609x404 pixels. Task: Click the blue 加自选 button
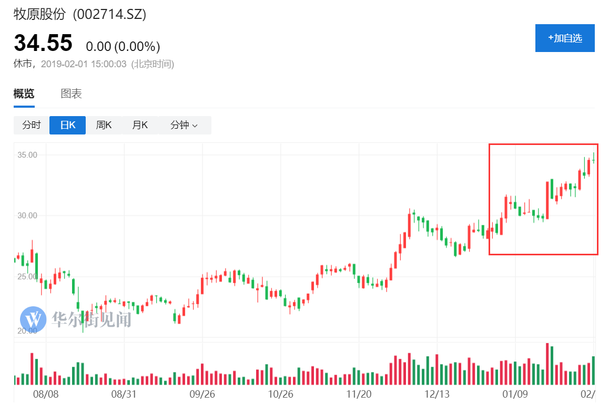[x=565, y=38]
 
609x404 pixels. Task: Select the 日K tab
[x=67, y=125]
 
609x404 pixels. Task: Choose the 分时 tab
[x=32, y=125]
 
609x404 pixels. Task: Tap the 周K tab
[x=104, y=125]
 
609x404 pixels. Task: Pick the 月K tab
[x=140, y=125]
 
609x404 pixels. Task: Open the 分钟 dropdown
[x=184, y=125]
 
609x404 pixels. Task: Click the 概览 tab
[x=24, y=94]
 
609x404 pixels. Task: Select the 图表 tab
[x=72, y=94]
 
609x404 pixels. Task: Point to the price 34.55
[x=43, y=43]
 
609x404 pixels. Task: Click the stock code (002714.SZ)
[x=109, y=15]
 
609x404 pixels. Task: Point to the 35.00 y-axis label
[x=27, y=155]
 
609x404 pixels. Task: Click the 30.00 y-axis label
[x=27, y=215]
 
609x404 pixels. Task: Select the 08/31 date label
[x=124, y=393]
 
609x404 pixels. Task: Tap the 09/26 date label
[x=202, y=393]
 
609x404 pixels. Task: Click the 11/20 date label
[x=360, y=393]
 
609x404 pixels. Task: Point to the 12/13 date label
[x=438, y=393]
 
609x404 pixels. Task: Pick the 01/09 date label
[x=515, y=393]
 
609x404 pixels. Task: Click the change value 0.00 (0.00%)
[x=123, y=47]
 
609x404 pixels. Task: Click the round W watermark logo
[x=35, y=318]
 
